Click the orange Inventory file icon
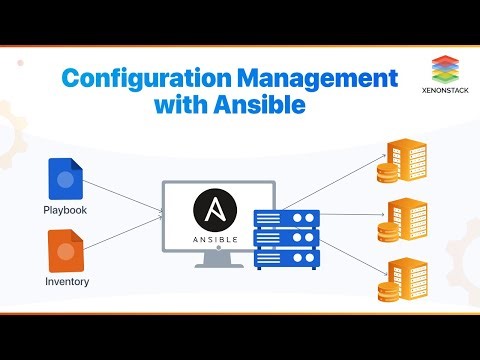pyautogui.click(x=66, y=249)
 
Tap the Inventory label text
pyautogui.click(x=66, y=281)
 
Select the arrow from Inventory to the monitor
pyautogui.click(x=125, y=235)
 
